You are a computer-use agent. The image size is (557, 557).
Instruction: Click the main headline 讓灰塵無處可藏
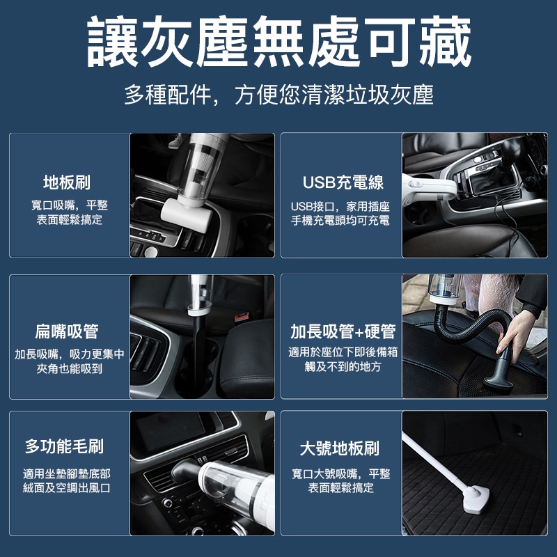pos(279,42)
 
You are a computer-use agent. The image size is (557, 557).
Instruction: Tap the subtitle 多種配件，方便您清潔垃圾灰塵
pos(279,95)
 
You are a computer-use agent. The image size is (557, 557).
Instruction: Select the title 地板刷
pos(67,182)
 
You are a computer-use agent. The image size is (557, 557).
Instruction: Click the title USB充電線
pos(343,182)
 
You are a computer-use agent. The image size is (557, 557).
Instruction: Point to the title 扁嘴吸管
pos(67,331)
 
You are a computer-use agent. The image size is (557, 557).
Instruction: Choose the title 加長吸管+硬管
pos(343,331)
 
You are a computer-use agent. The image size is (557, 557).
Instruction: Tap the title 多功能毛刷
pos(64,446)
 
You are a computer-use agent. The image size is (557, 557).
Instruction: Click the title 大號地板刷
pos(340,448)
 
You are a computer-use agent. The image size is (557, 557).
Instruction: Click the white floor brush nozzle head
pos(187,215)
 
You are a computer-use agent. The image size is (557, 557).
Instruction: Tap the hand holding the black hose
pos(515,336)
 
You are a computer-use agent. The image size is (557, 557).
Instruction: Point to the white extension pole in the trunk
pos(433,461)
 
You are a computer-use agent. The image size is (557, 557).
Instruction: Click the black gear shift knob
pos(511,148)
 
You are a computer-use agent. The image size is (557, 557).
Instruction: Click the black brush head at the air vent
pos(186,469)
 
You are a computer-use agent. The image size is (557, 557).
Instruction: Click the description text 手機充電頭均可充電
pos(340,221)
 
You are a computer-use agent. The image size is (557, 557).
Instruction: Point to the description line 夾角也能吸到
pos(69,369)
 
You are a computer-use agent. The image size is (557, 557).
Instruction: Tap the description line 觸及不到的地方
pos(343,367)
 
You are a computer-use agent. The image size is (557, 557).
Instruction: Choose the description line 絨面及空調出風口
pos(67,488)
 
